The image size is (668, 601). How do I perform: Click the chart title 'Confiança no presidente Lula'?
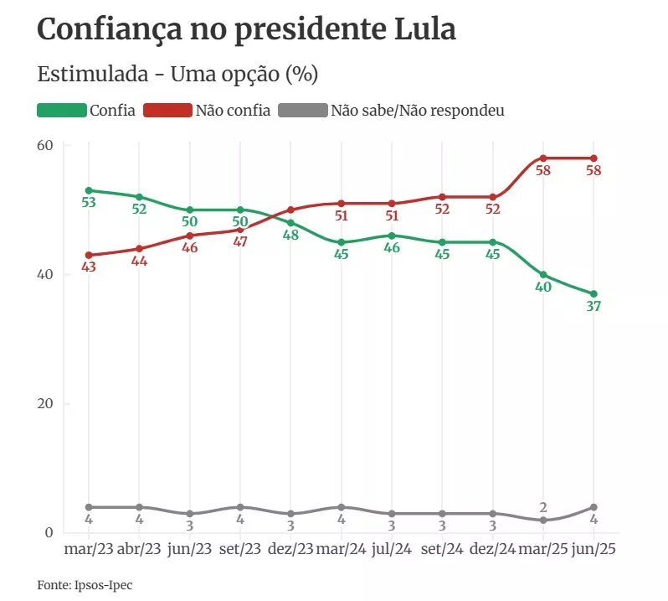(247, 30)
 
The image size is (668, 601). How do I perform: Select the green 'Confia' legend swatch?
(62, 111)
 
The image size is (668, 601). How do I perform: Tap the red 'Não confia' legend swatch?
(167, 111)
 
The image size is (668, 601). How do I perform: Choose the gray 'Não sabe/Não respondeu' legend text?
(418, 111)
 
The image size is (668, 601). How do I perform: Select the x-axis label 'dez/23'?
(290, 549)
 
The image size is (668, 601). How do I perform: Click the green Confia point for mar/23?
(89, 190)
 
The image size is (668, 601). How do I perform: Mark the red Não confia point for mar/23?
(89, 255)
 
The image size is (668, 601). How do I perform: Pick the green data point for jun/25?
(593, 293)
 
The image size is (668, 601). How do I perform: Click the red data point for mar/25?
(543, 158)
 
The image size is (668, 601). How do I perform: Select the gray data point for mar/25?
(543, 520)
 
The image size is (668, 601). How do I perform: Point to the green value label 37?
(593, 307)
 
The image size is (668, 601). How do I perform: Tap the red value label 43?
(89, 267)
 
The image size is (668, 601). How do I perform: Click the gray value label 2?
(543, 507)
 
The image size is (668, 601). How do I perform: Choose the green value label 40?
(543, 288)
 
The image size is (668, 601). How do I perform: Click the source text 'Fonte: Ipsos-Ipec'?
(85, 584)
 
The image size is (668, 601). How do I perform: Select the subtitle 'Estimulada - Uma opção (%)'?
(177, 74)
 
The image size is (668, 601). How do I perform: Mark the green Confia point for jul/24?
(392, 236)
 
